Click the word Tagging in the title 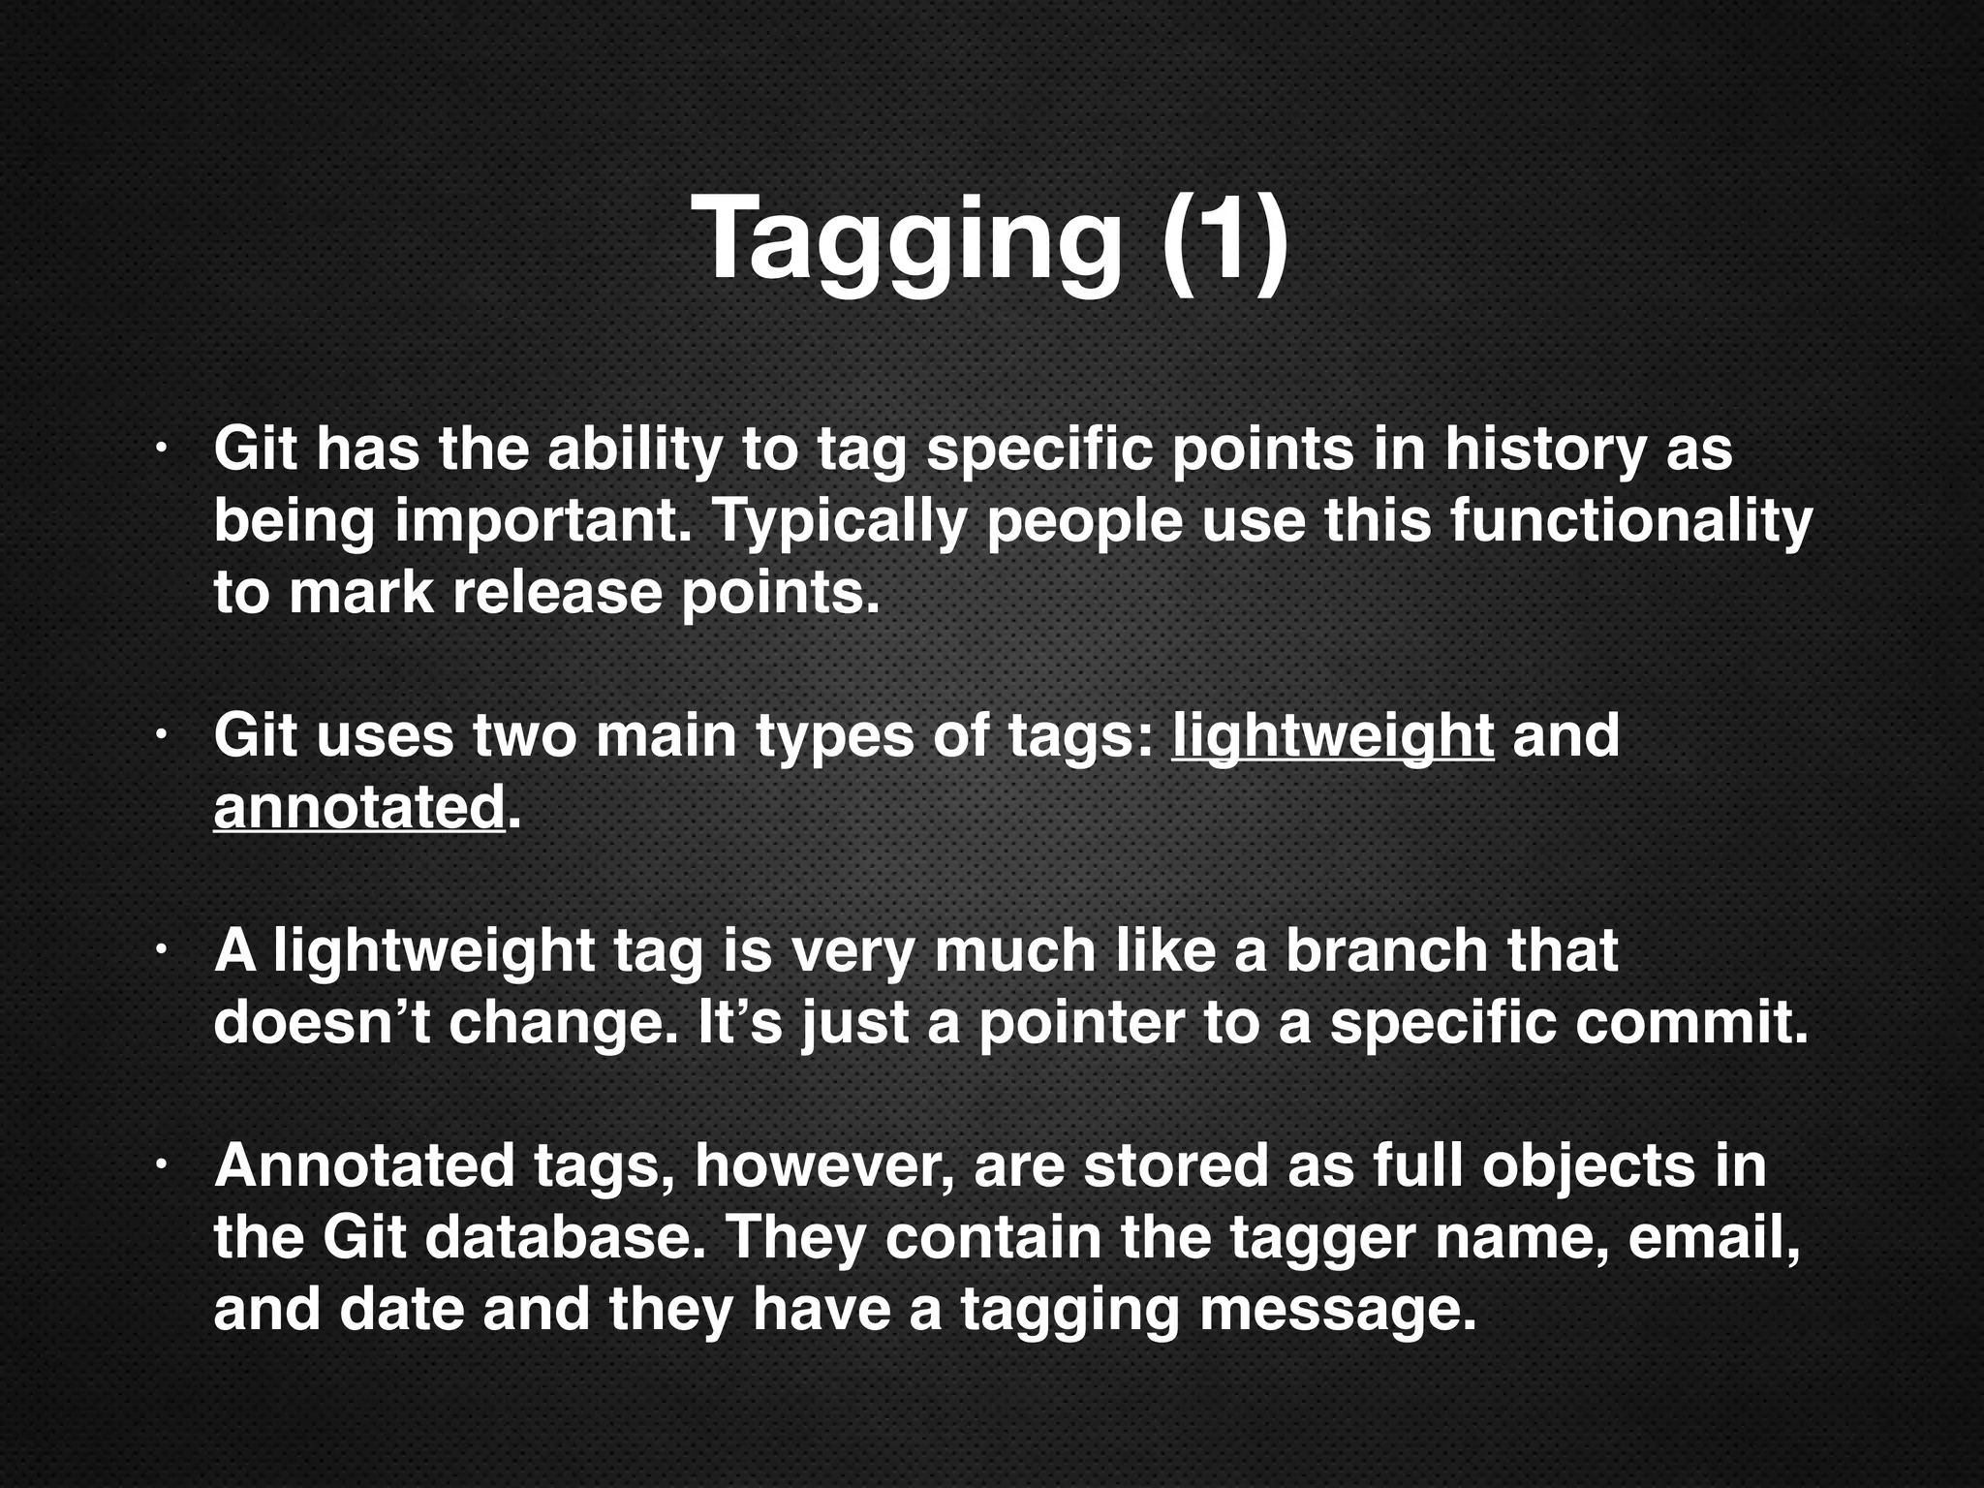pyautogui.click(x=906, y=237)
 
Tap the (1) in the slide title pyautogui.click(x=1225, y=237)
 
